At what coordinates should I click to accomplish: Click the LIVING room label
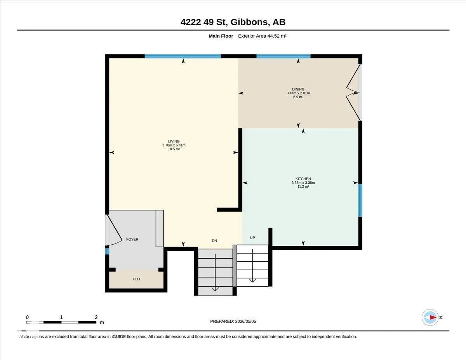[x=174, y=141]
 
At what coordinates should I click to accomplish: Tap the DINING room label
[x=298, y=89]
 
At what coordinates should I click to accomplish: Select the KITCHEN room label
[x=303, y=179]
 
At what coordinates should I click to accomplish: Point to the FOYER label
[x=132, y=239]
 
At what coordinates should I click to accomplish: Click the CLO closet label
[x=136, y=279]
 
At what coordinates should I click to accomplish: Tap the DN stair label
[x=214, y=240]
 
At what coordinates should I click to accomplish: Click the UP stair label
[x=252, y=238]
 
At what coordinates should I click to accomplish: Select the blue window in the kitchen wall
[x=360, y=200]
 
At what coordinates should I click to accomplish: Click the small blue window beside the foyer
[x=107, y=251]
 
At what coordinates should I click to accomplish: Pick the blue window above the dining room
[x=283, y=56]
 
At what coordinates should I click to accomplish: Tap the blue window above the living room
[x=183, y=56]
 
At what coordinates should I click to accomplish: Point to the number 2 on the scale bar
[x=96, y=317]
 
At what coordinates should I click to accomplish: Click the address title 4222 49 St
[x=204, y=22]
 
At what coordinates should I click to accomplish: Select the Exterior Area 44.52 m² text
[x=262, y=36]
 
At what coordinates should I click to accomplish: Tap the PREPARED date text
[x=233, y=321]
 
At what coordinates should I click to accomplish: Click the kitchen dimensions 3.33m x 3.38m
[x=303, y=183]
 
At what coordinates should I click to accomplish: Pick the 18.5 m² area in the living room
[x=174, y=149]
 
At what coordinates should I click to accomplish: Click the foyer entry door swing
[x=114, y=230]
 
